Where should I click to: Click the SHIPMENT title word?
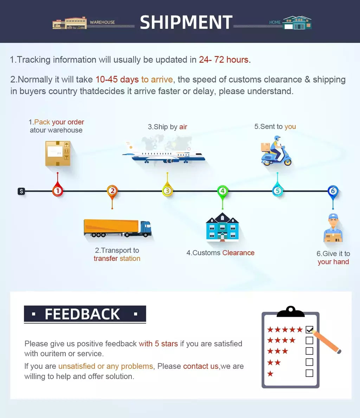[x=186, y=22]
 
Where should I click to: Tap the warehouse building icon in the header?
[x=69, y=23]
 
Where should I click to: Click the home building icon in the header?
[x=297, y=23]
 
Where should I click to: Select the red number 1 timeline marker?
[x=57, y=191]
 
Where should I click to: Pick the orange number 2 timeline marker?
[x=112, y=191]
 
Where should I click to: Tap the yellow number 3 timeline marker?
[x=167, y=191]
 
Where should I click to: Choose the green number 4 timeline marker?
[x=223, y=191]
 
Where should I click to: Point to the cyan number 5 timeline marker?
[x=277, y=191]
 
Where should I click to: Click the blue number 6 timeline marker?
[x=333, y=191]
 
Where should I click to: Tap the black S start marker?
[x=21, y=191]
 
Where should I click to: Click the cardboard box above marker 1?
[x=58, y=154]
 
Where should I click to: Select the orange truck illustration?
[x=118, y=228]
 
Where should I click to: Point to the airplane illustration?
[x=163, y=155]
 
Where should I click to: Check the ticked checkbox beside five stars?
[x=309, y=329]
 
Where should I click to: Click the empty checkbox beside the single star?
[x=309, y=373]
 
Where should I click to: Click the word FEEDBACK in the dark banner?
[x=82, y=314]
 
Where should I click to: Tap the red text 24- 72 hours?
[x=224, y=60]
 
